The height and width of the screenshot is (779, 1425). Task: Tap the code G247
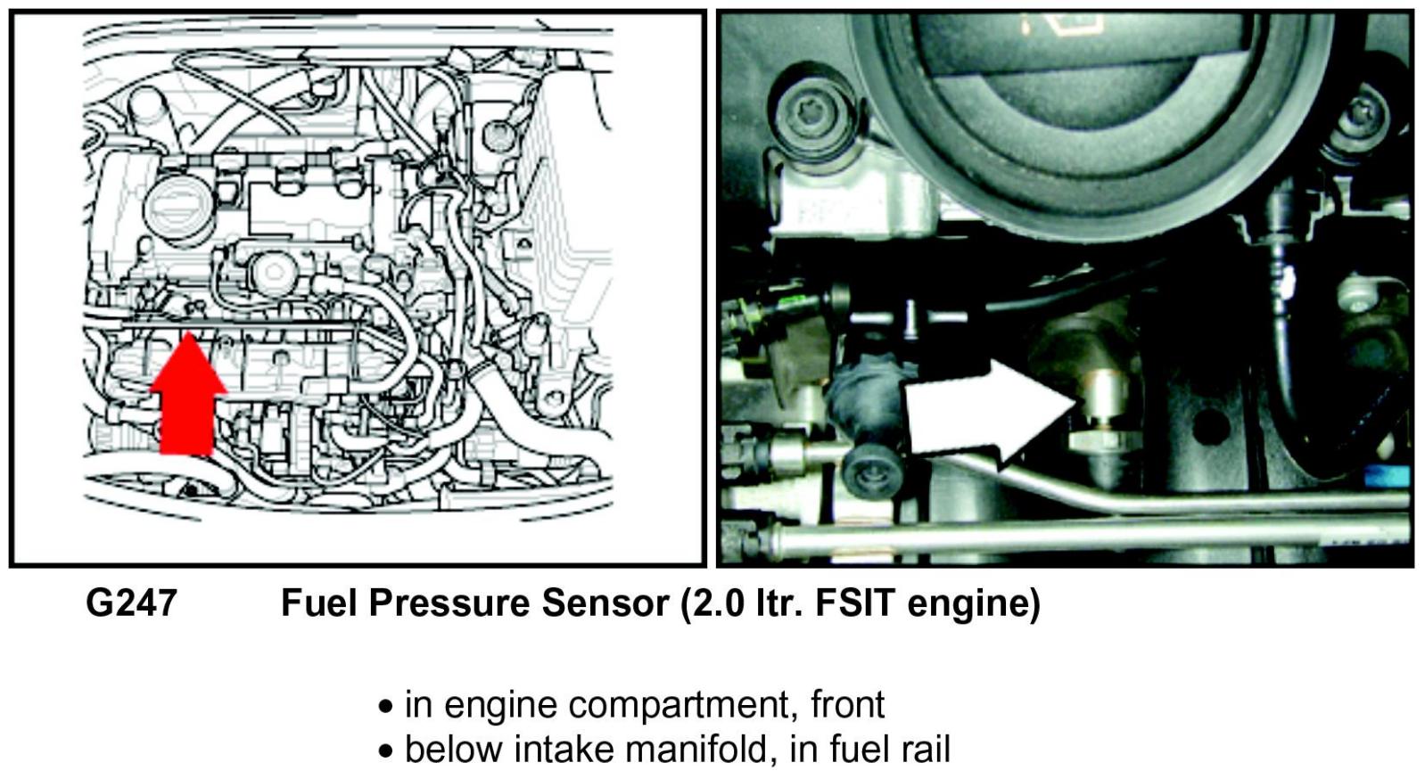(131, 603)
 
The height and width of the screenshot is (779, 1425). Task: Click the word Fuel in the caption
(318, 603)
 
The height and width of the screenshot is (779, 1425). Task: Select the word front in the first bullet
(847, 704)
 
